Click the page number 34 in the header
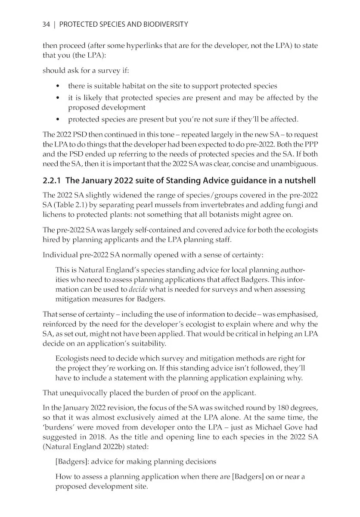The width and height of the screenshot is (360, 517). [x=47, y=25]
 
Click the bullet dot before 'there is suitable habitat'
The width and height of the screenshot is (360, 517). [x=58, y=87]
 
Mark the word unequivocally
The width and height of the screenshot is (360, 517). [x=84, y=393]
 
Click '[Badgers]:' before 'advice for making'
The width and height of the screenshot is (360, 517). [x=72, y=462]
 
